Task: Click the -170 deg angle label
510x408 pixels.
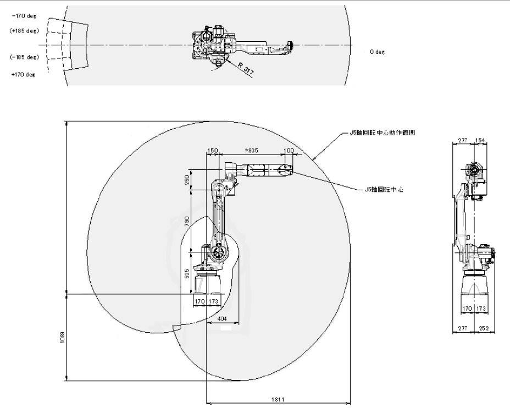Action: [24, 16]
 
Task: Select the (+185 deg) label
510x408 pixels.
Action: [24, 31]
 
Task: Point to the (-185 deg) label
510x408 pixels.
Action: [24, 57]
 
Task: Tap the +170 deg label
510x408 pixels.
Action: [24, 74]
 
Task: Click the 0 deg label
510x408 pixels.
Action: [376, 51]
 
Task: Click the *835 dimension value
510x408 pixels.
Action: [251, 150]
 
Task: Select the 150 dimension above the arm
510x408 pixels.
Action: [213, 150]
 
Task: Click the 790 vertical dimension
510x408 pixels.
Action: [187, 221]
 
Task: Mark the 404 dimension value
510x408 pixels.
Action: [222, 318]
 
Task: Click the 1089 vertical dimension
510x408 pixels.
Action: [62, 336]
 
